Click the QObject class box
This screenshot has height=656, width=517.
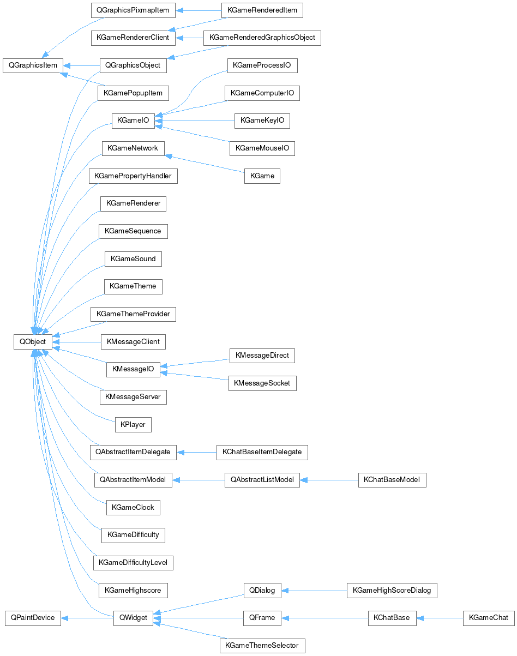pyautogui.click(x=33, y=341)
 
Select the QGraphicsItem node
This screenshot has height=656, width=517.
pyautogui.click(x=33, y=65)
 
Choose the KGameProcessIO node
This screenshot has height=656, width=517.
pyautogui.click(x=262, y=65)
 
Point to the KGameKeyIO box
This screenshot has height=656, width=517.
pyautogui.click(x=262, y=121)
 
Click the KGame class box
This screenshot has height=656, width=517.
pyautogui.click(x=262, y=176)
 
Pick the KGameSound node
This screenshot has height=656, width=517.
pyautogui.click(x=133, y=258)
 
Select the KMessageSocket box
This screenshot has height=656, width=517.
pyautogui.click(x=262, y=383)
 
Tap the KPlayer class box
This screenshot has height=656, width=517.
pyautogui.click(x=133, y=424)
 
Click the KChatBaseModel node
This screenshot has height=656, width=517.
pyautogui.click(x=392, y=480)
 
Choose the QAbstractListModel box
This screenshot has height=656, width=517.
pyautogui.click(x=262, y=480)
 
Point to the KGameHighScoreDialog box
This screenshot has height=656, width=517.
pyautogui.click(x=392, y=590)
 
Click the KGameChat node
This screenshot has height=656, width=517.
pyautogui.click(x=488, y=618)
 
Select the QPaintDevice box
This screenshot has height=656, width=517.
pyautogui.click(x=33, y=618)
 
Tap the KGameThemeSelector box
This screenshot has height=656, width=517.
pyautogui.click(x=262, y=646)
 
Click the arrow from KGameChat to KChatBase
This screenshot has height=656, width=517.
pyautogui.click(x=440, y=618)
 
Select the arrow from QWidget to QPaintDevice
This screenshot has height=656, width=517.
pyautogui.click(x=87, y=618)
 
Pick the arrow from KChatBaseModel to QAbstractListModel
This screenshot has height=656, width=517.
pyautogui.click(x=329, y=480)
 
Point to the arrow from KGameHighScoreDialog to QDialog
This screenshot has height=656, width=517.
pyautogui.click(x=314, y=590)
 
